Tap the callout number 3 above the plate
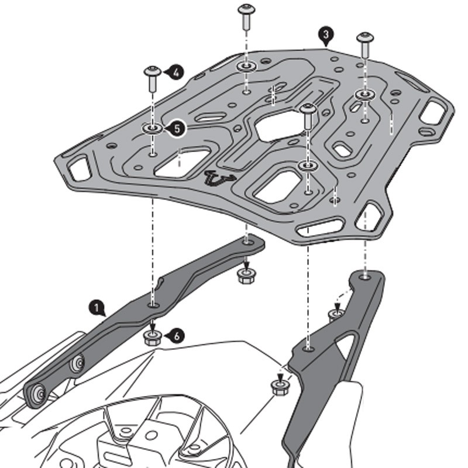click(x=326, y=35)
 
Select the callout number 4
click(x=175, y=73)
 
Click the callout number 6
click(x=178, y=335)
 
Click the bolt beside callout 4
click(x=153, y=78)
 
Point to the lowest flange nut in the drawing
click(x=278, y=386)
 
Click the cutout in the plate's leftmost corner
click(x=75, y=169)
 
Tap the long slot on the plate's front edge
click(x=321, y=227)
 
